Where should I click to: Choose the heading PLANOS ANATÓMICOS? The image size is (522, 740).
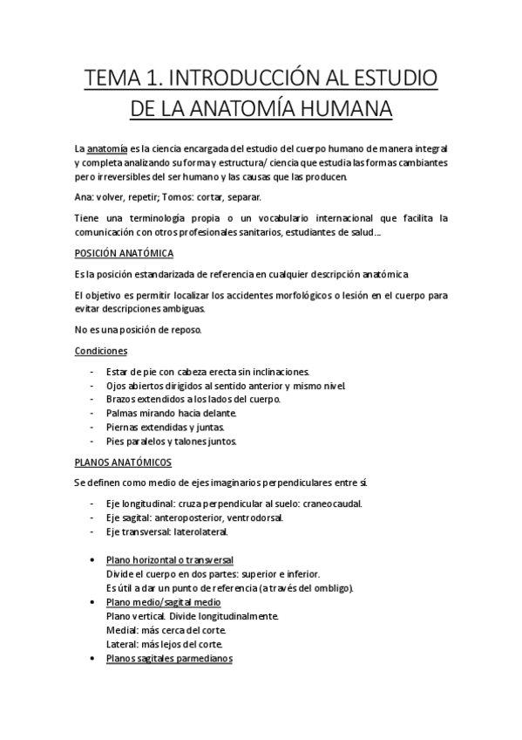pyautogui.click(x=122, y=462)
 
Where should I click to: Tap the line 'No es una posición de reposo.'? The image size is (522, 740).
pyautogui.click(x=138, y=329)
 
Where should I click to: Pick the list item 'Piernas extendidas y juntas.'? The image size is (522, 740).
pyautogui.click(x=166, y=427)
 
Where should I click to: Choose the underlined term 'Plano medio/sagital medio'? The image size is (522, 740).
pyautogui.click(x=161, y=602)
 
